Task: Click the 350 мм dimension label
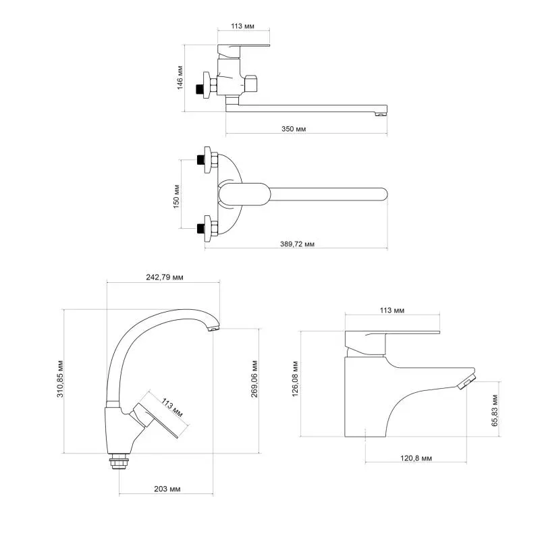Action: (294, 129)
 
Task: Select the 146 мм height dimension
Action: (180, 78)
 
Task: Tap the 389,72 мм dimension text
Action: (297, 244)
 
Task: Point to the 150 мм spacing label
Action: (176, 196)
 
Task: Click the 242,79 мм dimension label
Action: (165, 277)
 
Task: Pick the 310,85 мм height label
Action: (60, 379)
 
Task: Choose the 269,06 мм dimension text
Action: (254, 379)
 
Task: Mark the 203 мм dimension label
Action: (167, 489)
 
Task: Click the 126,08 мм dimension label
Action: (296, 379)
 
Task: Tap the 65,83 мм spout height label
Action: (495, 411)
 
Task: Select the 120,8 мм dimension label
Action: (416, 458)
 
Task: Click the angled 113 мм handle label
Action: (172, 408)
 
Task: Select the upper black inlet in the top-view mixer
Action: (200, 160)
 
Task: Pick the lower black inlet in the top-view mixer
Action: (200, 228)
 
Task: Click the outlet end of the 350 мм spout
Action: (381, 113)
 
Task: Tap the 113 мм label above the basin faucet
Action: (392, 310)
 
